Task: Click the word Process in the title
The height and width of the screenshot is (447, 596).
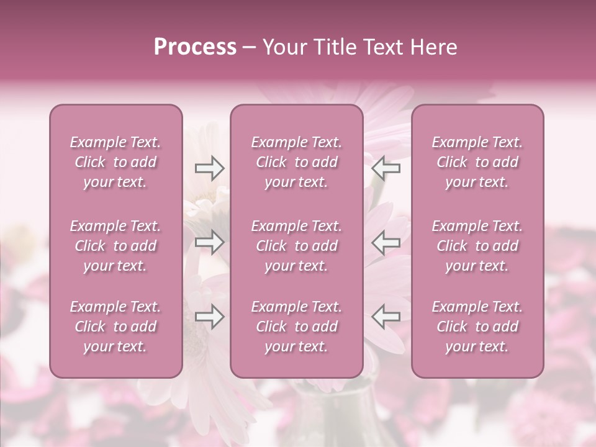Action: (x=195, y=47)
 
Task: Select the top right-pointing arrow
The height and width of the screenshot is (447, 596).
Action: (x=209, y=168)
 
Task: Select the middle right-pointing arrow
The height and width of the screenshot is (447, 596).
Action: (x=209, y=242)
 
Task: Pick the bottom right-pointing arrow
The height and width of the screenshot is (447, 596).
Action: (x=209, y=317)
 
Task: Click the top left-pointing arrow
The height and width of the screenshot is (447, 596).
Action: (x=386, y=168)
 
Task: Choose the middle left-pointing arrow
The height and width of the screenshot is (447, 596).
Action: (x=386, y=242)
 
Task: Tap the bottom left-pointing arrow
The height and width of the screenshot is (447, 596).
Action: (x=386, y=317)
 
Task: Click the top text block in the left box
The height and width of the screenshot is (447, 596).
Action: (x=115, y=162)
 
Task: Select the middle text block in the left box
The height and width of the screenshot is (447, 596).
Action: (x=115, y=246)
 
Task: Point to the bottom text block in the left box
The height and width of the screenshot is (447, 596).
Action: (x=115, y=327)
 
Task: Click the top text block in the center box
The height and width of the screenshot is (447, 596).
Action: (x=296, y=162)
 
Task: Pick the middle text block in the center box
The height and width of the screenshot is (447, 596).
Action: (x=296, y=246)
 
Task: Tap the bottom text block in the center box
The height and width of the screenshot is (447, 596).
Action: (x=296, y=327)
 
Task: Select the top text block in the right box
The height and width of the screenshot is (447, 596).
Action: (x=477, y=162)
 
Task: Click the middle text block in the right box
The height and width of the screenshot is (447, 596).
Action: (x=477, y=246)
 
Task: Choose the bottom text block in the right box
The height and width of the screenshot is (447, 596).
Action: (x=477, y=327)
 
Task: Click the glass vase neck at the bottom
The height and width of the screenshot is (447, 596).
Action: (x=335, y=410)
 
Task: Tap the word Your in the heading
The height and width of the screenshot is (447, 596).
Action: (x=284, y=47)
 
